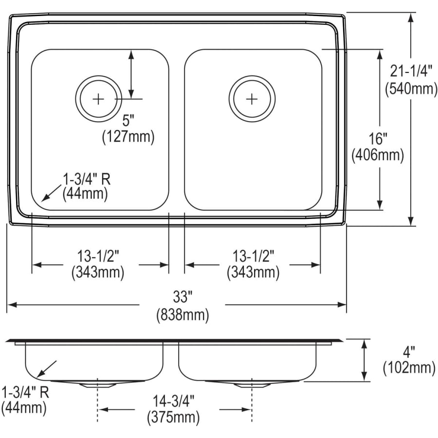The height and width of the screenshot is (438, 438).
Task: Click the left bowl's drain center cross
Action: (98, 99)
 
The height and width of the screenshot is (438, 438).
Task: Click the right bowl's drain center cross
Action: (252, 99)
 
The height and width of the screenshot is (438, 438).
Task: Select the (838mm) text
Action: (182, 315)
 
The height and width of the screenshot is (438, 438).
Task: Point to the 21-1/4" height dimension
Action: (411, 71)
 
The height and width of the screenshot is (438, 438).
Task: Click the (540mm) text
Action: (411, 89)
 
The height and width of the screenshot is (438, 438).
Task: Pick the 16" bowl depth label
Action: (378, 138)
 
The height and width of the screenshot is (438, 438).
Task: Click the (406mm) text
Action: (378, 155)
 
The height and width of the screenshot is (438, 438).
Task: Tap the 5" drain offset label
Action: (128, 119)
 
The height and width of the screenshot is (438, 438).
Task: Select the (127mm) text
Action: (128, 137)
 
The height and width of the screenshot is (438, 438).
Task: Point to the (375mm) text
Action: (173, 417)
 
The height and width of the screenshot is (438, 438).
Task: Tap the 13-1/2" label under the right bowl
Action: (253, 255)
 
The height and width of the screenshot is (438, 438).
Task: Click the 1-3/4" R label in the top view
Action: (87, 179)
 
